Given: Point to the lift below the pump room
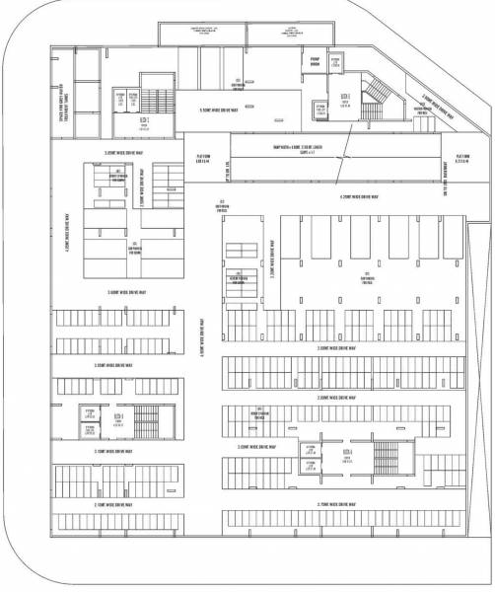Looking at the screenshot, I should point(318,109).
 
